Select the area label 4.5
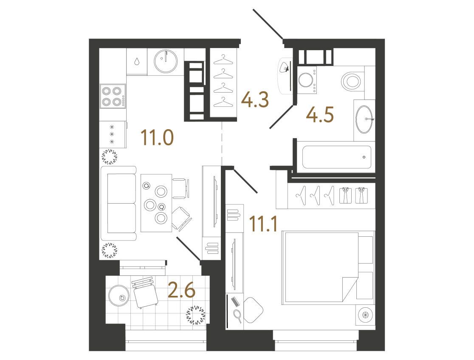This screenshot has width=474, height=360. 320,115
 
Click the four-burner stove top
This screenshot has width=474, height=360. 113,96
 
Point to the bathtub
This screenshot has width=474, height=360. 337,157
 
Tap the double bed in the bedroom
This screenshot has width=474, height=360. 320,267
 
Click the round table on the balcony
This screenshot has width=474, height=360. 119,295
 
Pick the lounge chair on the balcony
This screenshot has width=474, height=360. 145,292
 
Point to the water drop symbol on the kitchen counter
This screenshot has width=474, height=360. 137,61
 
